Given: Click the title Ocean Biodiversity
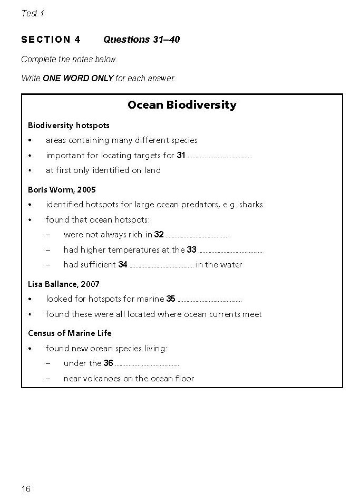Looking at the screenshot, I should [x=182, y=105].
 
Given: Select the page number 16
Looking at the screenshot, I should [x=26, y=489].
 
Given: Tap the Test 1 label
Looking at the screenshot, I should [x=33, y=14].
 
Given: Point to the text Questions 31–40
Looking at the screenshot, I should [x=141, y=40].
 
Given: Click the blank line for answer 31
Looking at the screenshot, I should [x=220, y=157].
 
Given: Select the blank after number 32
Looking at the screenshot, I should [x=198, y=236].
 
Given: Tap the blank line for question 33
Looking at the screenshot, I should [x=230, y=251].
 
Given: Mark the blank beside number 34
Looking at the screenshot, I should [x=161, y=266].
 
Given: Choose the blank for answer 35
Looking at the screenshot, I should [x=209, y=300].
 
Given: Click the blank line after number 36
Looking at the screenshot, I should [x=147, y=364].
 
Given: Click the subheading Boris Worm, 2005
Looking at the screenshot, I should [x=62, y=189].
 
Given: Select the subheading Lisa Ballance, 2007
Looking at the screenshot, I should [x=64, y=284].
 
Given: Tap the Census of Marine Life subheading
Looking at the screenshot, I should [x=70, y=333].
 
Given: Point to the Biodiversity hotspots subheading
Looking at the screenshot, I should [x=69, y=126].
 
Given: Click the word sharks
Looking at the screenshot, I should [x=251, y=205].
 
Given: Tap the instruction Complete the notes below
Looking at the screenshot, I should [x=70, y=60].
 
